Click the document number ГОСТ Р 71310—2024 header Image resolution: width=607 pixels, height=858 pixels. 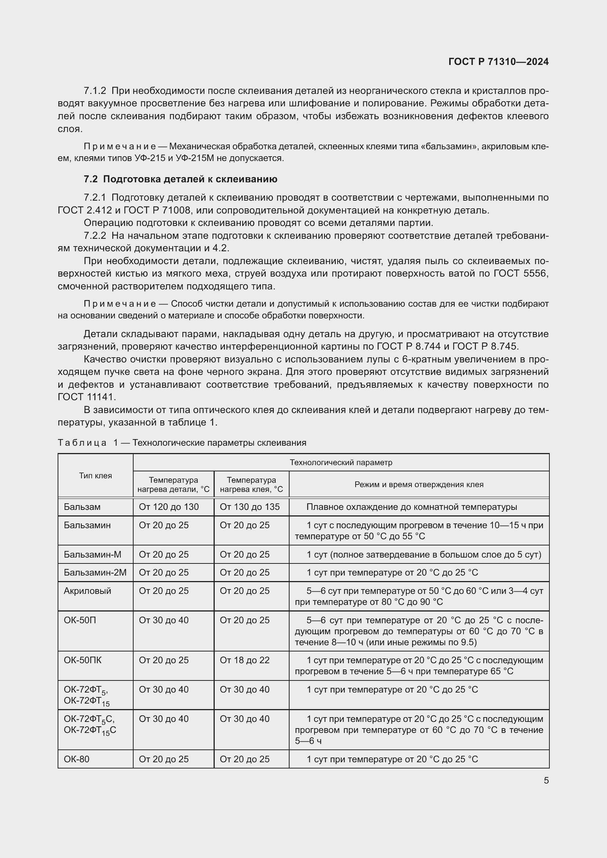click(498, 62)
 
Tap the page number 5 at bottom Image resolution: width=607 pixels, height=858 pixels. click(546, 780)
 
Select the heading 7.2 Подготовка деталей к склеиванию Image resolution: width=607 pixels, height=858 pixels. click(180, 179)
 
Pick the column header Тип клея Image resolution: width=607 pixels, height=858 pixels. click(95, 476)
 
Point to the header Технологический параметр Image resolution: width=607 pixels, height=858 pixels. click(341, 463)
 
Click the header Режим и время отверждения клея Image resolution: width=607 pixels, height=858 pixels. click(419, 485)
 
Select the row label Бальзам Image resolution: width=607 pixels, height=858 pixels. click(82, 507)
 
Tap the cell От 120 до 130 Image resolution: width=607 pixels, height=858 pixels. click(168, 507)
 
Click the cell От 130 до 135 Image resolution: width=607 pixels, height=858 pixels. click(249, 507)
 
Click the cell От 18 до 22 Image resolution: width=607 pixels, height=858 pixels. click(244, 660)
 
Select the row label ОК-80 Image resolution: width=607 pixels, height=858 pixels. click(76, 759)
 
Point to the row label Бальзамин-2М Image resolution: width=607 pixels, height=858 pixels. click(95, 573)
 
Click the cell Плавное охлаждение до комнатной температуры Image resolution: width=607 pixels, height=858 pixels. click(411, 507)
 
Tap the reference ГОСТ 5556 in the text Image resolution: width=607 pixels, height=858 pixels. click(521, 274)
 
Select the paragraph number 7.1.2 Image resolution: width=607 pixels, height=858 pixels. click(95, 91)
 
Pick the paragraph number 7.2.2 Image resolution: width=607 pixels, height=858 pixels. click(95, 236)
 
